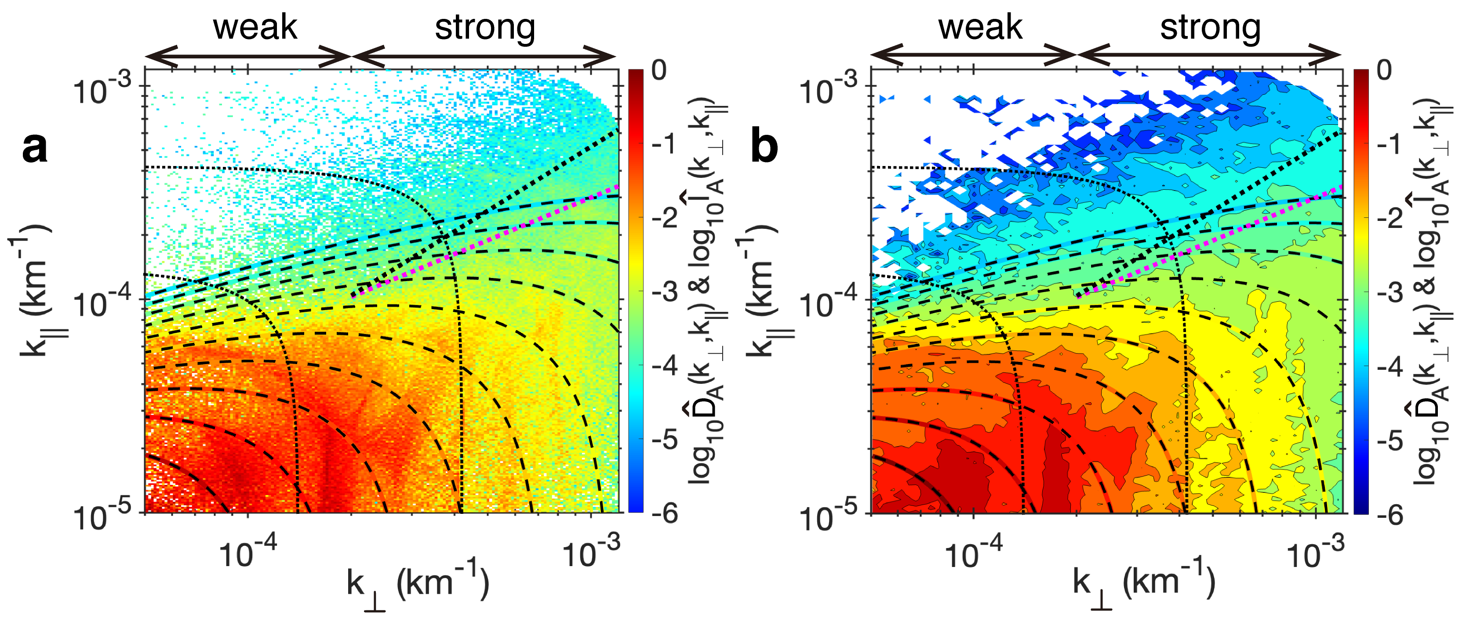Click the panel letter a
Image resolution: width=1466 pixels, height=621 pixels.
click(35, 148)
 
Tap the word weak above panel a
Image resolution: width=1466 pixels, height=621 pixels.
click(255, 27)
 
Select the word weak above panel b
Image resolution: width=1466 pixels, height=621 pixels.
click(980, 27)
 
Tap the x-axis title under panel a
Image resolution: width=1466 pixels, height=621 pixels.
click(418, 586)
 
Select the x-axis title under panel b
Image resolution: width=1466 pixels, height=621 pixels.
click(1144, 586)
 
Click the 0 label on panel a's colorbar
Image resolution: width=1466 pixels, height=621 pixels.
click(659, 71)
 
